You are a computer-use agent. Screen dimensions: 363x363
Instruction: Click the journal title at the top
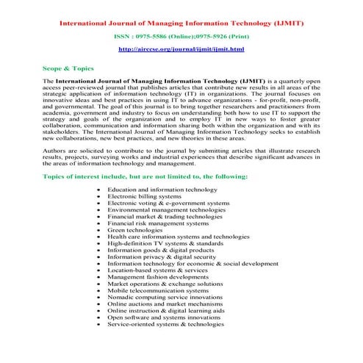(181, 23)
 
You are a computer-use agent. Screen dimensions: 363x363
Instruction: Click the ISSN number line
(181, 36)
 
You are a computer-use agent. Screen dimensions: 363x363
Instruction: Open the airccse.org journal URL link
(181, 48)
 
